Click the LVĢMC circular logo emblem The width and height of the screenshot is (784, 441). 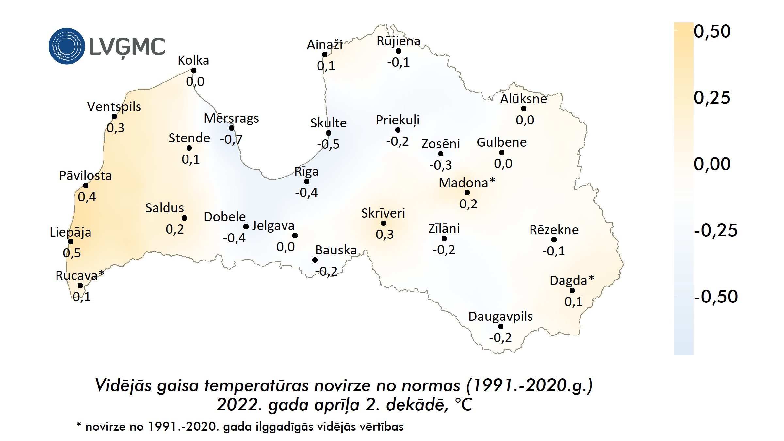[67, 46]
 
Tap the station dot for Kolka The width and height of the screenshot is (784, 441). [194, 70]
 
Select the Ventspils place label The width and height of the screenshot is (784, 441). [114, 107]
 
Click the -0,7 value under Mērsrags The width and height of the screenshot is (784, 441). [231, 139]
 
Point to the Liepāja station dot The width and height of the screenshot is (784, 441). [71, 242]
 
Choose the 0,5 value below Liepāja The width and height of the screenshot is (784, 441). [72, 253]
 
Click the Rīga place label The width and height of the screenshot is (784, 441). [306, 171]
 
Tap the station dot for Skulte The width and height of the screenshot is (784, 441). [329, 133]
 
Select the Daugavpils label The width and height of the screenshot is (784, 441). [500, 317]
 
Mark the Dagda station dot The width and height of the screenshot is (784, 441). [572, 290]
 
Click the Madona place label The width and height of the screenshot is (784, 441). [464, 183]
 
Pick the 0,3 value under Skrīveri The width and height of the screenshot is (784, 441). [385, 235]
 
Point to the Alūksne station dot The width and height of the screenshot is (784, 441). [524, 109]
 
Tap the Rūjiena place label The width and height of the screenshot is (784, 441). [399, 41]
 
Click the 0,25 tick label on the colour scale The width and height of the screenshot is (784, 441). [712, 98]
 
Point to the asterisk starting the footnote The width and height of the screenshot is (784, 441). [79, 425]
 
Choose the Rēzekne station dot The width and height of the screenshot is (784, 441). [554, 240]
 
